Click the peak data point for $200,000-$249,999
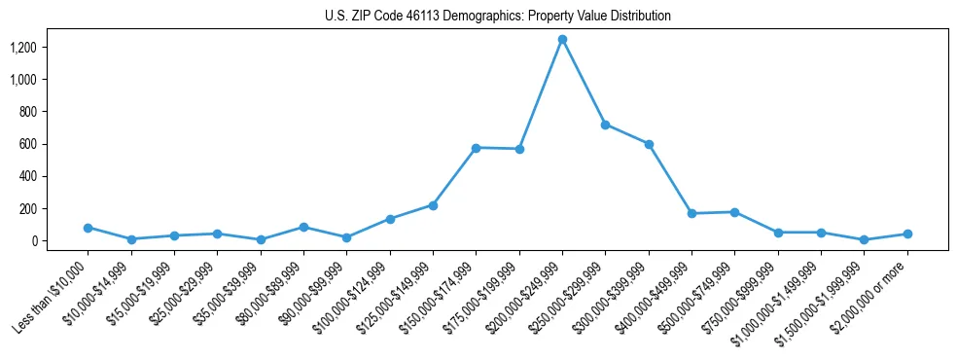[562, 39]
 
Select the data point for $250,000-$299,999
[605, 125]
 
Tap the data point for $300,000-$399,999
[649, 144]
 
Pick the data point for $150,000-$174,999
[476, 148]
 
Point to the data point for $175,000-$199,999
[519, 149]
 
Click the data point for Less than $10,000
[88, 228]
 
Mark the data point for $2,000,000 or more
[907, 234]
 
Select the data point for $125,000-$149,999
[433, 205]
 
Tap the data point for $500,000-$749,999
[734, 212]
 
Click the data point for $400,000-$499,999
[691, 213]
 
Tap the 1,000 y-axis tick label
[36, 79]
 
